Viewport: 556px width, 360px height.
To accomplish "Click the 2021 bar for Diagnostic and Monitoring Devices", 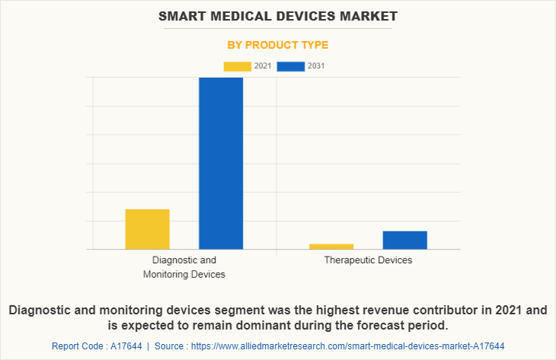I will pos(147,229).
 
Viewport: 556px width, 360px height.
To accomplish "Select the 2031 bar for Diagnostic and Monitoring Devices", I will pos(221,163).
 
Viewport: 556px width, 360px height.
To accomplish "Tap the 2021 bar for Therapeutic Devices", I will pos(331,247).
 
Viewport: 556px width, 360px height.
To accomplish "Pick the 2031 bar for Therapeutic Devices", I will pos(404,240).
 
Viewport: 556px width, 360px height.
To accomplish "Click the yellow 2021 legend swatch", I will pos(237,66).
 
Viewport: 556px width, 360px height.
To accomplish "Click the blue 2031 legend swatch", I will pos(291,66).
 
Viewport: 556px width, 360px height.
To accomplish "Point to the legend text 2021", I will pos(263,66).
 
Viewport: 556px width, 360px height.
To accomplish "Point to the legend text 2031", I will pos(316,66).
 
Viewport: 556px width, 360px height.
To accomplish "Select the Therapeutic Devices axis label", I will pos(368,260).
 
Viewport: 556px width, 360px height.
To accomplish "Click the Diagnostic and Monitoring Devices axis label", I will pos(184,267).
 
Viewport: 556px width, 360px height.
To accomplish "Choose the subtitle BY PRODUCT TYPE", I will pos(278,45).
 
